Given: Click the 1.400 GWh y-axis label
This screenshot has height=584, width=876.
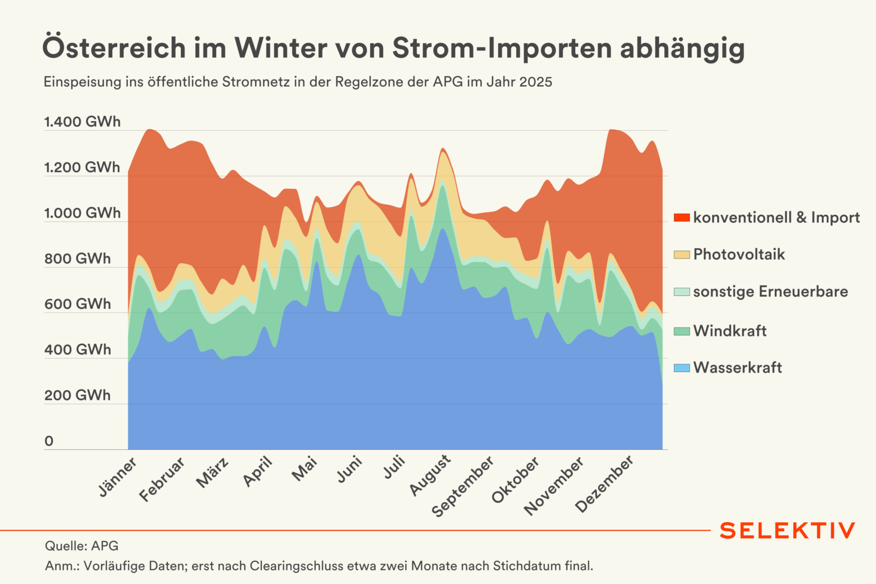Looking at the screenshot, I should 82,122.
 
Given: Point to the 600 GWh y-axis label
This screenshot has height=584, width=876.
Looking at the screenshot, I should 78,304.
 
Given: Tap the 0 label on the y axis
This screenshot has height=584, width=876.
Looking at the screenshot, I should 49,441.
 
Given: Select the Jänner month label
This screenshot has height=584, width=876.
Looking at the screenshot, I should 118,477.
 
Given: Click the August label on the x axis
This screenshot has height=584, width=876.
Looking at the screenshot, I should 430,476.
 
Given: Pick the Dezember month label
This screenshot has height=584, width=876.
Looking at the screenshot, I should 604,484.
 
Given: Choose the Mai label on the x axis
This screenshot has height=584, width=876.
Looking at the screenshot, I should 305,469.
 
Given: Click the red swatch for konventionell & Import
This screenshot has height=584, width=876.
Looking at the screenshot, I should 681,217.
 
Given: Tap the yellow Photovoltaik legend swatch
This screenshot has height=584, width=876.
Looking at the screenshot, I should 681,255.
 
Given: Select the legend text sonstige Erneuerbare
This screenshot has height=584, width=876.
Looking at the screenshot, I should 770,291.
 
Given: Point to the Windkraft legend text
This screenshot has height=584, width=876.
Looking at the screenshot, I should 730,331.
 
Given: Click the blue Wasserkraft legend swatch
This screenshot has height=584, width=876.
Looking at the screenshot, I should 681,368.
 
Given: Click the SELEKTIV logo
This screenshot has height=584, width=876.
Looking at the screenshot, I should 787,531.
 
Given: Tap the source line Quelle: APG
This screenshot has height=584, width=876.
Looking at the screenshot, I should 82,546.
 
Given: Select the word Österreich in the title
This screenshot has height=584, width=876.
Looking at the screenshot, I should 114,48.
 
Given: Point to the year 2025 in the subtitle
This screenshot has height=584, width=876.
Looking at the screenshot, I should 536,82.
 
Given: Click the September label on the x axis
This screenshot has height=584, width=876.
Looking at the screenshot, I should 462,487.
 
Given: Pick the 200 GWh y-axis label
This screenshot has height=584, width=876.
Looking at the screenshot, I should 78,395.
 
